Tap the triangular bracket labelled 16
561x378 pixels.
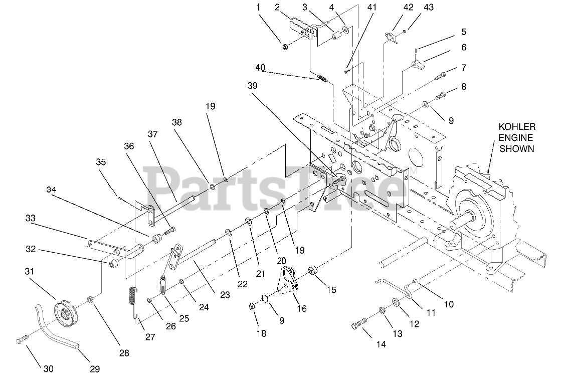(x=287, y=281)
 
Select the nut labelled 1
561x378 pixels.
(x=285, y=47)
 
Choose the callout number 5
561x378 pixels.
(x=463, y=32)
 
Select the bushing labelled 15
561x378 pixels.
(x=313, y=271)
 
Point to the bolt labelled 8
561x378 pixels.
(x=440, y=93)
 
